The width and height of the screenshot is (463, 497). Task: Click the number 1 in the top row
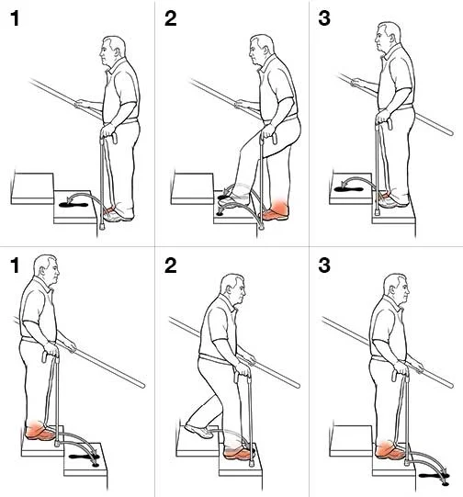(13, 18)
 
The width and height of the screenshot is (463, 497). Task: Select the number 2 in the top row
(170, 18)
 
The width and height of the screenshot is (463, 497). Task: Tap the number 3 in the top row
(324, 18)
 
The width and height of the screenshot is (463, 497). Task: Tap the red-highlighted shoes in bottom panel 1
(40, 432)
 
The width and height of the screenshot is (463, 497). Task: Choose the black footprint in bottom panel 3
(430, 475)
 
